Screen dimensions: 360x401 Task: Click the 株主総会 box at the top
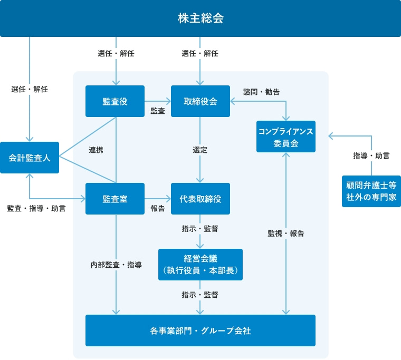point(200,18)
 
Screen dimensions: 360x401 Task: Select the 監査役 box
point(114,101)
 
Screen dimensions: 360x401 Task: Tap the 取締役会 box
point(200,101)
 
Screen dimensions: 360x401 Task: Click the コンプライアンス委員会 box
point(285,137)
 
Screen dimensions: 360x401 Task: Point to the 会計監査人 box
point(30,158)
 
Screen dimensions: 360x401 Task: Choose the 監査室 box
point(114,199)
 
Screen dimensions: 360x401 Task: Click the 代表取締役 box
point(200,199)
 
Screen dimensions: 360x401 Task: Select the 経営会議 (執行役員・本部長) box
point(200,265)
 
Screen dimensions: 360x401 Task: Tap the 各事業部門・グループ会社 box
point(200,331)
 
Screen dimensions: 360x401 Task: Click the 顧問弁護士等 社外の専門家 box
point(371,191)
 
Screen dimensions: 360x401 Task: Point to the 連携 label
point(96,150)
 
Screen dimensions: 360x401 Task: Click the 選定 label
point(200,150)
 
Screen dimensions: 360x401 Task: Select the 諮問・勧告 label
point(261,92)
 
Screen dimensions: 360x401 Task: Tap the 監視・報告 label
point(285,233)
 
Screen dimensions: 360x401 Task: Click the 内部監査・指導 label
point(116,265)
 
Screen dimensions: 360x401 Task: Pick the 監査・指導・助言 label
point(36,208)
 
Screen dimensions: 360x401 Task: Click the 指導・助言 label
point(371,155)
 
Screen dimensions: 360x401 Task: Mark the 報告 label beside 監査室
point(157,208)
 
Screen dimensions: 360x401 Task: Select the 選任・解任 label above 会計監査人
point(30,89)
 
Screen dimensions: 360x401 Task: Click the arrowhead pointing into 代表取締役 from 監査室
point(168,199)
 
